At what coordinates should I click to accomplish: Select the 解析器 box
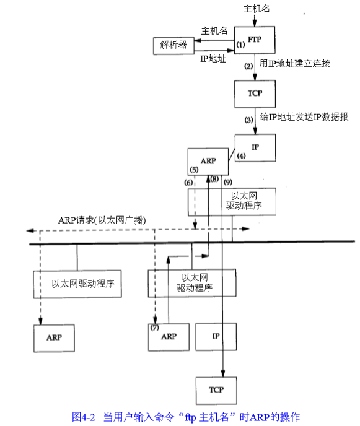coord(173,46)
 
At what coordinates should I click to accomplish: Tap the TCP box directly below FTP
coord(255,93)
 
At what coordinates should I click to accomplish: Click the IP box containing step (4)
coord(255,148)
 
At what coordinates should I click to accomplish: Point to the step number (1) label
coord(242,46)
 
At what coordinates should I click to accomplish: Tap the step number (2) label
coord(248,65)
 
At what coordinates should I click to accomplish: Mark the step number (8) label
coord(214,179)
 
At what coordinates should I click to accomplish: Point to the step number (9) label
coord(228,182)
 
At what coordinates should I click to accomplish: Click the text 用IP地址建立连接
coord(296,64)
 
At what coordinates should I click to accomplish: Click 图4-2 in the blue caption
coord(83,416)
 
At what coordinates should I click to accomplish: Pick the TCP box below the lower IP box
coord(216,390)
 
